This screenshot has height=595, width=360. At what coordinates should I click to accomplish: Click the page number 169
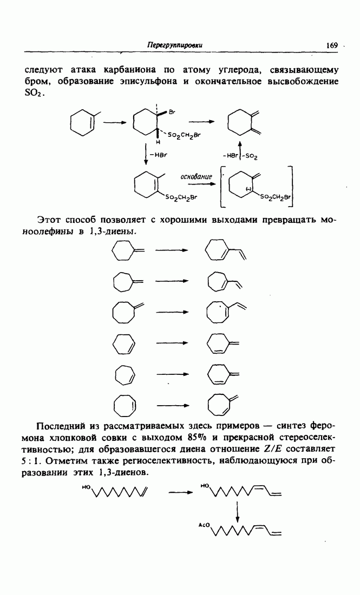(x=331, y=45)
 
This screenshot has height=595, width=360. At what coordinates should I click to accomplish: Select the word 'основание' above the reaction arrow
(x=196, y=177)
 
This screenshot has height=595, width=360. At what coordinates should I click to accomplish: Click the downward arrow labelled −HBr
(x=146, y=154)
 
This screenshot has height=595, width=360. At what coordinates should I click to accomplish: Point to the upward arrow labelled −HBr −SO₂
(x=240, y=150)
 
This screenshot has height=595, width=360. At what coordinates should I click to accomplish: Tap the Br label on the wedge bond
(x=172, y=113)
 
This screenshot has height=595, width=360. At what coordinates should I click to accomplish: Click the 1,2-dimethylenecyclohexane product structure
(x=244, y=123)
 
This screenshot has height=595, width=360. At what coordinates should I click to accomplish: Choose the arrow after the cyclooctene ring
(x=172, y=405)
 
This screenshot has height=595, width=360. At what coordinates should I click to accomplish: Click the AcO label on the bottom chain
(x=203, y=526)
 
